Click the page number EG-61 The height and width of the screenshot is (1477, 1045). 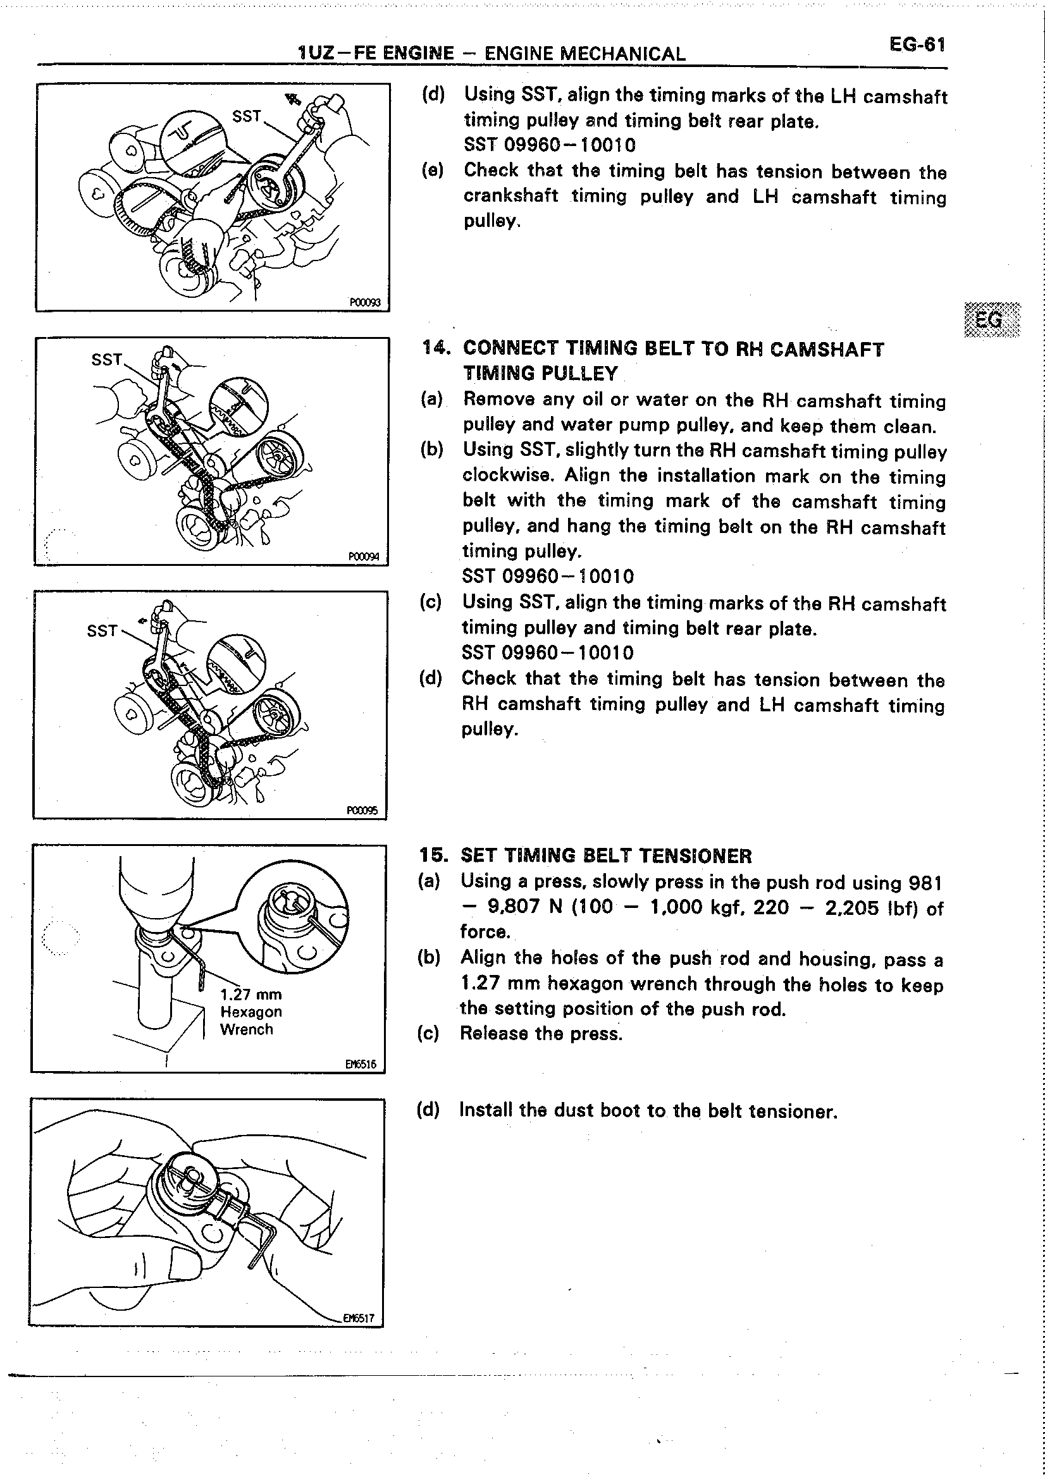917,44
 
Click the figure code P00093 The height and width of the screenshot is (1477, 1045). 365,302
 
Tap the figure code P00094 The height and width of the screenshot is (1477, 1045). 364,556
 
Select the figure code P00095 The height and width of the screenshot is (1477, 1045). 362,811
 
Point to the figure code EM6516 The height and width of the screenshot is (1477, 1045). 361,1064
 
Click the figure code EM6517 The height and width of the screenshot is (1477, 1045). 359,1318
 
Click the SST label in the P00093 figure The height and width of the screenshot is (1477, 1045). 247,116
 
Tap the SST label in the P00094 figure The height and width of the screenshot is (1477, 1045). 107,359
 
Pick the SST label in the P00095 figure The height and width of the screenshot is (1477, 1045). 102,630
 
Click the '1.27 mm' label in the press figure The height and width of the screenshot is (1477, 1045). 250,994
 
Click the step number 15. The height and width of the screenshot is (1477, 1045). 433,855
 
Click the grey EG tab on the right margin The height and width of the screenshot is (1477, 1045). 992,319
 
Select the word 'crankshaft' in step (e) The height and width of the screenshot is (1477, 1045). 510,195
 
